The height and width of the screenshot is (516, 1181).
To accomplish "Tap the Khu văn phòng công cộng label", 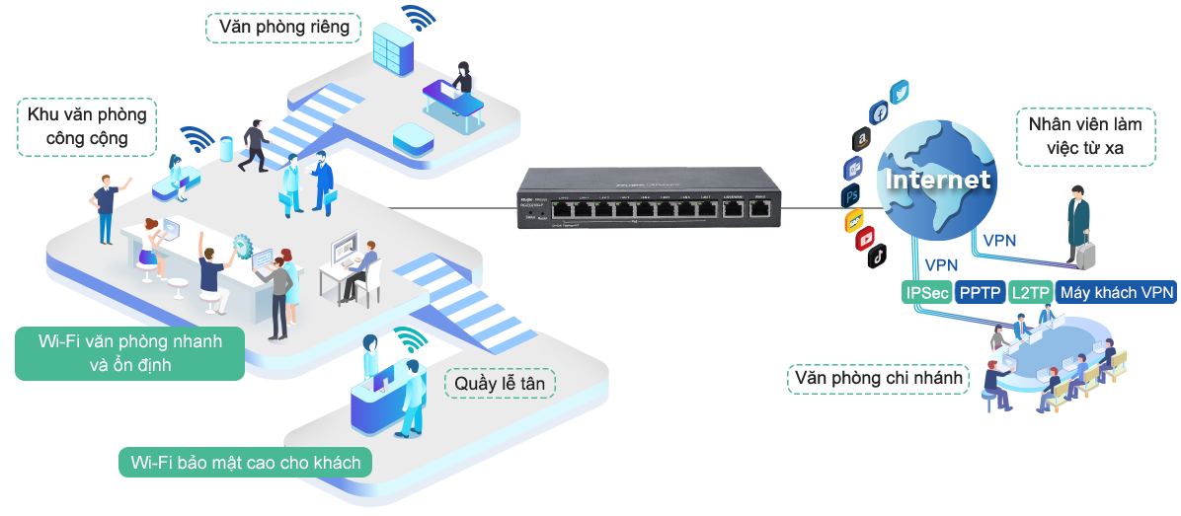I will click(x=87, y=126).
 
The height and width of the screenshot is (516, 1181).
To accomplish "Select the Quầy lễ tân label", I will click(x=500, y=383).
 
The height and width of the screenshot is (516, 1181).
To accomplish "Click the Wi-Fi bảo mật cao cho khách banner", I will click(x=245, y=462).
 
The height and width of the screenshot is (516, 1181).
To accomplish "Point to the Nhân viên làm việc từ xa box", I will click(x=1081, y=136).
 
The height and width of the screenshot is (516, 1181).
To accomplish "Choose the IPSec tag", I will click(x=926, y=292).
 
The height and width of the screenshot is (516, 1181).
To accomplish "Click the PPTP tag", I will click(x=980, y=292).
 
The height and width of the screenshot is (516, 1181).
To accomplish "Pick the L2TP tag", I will click(x=1030, y=292).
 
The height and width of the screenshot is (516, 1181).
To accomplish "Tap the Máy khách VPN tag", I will click(x=1116, y=292).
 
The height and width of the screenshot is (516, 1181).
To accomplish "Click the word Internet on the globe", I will click(x=937, y=181).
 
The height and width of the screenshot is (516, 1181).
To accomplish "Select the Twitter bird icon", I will click(x=899, y=93).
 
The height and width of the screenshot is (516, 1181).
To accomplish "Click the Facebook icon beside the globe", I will click(x=879, y=112).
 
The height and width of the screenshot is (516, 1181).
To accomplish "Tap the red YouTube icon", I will click(x=866, y=238).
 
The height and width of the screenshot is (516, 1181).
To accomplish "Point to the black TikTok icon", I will click(x=877, y=258).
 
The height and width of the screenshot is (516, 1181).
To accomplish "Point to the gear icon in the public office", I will click(x=243, y=244).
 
